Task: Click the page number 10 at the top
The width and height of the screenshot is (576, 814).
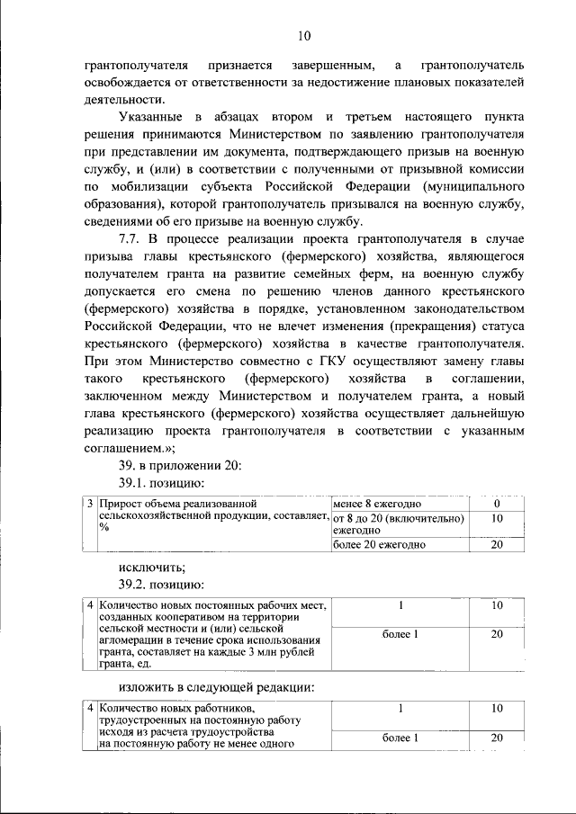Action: coord(303,36)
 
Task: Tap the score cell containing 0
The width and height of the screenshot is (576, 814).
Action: coord(496,504)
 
